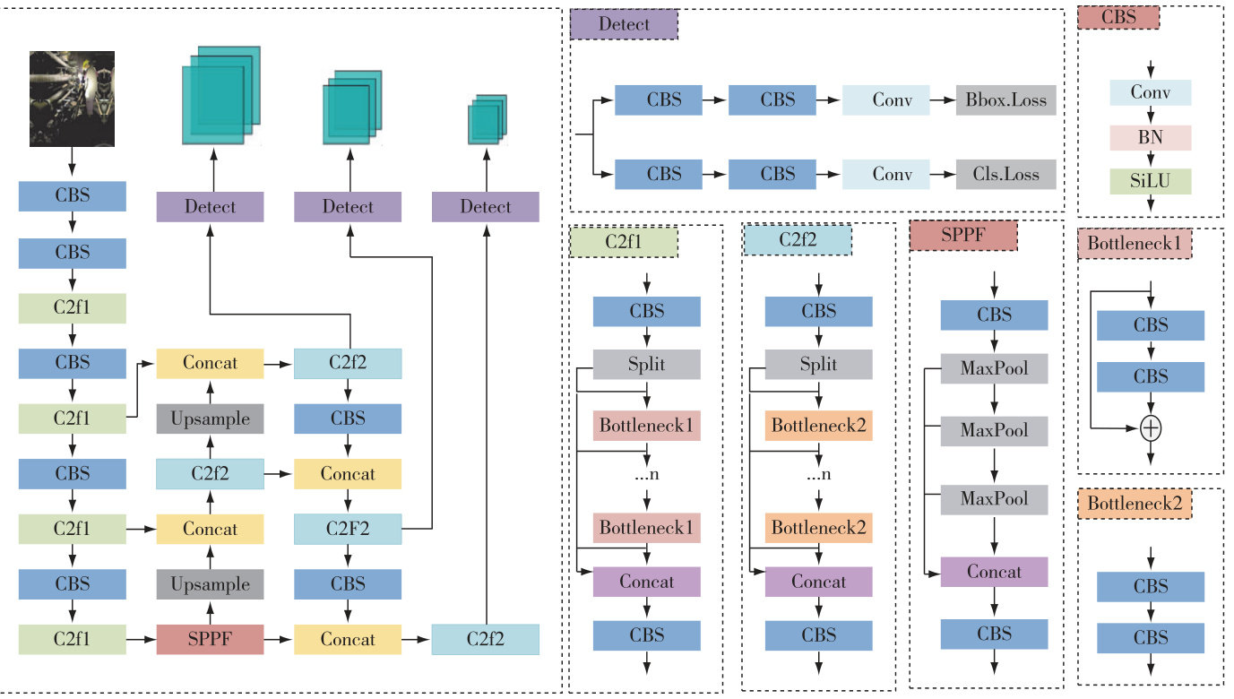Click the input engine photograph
[72, 98]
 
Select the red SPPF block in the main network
[210, 639]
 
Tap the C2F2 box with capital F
[348, 529]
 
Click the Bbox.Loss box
[1005, 99]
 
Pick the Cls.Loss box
[1005, 174]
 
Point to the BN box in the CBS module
[1151, 137]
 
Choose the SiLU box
[1151, 181]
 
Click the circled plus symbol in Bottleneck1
[1152, 429]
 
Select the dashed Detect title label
[624, 24]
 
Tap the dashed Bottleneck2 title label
[1135, 504]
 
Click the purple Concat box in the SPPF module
[993, 572]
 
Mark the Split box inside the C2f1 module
[646, 365]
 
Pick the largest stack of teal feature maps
[220, 95]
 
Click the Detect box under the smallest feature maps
[485, 207]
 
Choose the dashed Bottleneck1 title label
[1135, 243]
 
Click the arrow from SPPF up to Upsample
[210, 612]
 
